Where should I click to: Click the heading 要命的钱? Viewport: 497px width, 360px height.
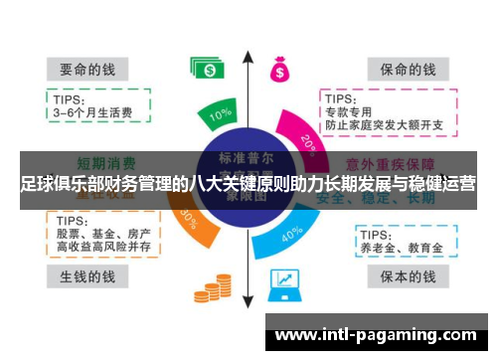click(x=88, y=70)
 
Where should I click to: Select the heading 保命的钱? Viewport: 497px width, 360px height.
click(x=402, y=70)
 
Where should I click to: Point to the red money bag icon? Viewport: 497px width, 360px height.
click(x=278, y=68)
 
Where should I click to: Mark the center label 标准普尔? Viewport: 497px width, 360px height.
click(x=248, y=157)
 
